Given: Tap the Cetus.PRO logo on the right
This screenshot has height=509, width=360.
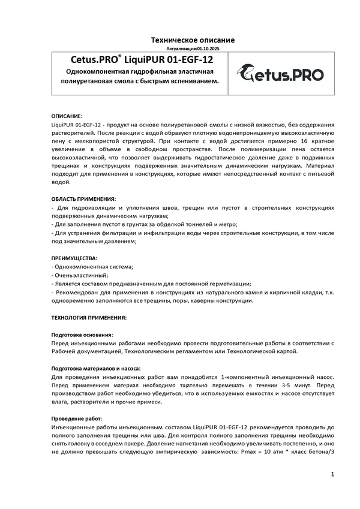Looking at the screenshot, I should point(279,74).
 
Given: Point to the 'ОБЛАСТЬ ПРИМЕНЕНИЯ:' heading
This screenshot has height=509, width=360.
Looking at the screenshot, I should point(84,198).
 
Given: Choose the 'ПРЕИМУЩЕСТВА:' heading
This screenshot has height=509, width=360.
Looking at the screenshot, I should point(74,258).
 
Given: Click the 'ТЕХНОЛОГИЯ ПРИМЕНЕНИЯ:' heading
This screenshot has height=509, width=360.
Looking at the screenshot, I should point(89,317).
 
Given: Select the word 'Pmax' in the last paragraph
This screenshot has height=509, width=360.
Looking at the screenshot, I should point(248,452).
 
